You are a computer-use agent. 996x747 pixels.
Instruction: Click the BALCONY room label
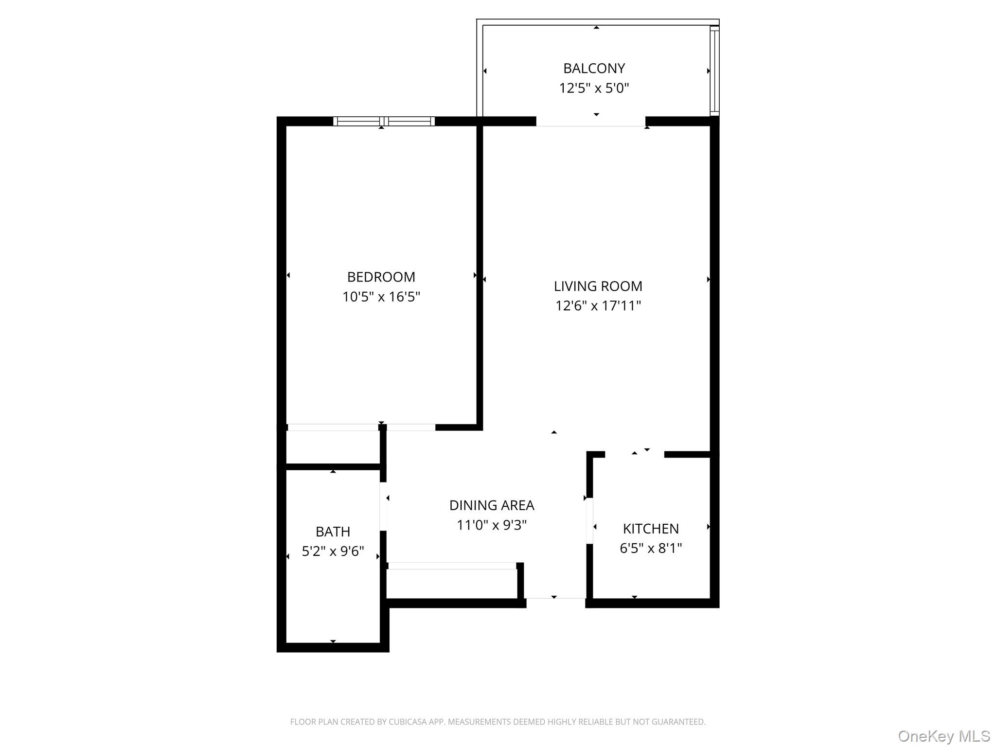pos(594,68)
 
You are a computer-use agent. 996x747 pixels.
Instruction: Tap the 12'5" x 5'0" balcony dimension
pos(594,88)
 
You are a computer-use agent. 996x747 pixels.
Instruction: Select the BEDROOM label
pos(381,277)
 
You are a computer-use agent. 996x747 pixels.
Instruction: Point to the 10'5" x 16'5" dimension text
pos(381,297)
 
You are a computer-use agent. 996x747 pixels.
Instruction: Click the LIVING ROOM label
pos(598,286)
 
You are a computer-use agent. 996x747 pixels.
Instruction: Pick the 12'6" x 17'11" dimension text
pos(598,305)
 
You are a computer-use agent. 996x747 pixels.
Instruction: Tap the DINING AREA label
pos(491,505)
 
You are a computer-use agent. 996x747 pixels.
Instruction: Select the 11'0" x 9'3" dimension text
pos(491,525)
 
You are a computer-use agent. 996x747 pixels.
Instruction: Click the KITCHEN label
pos(651,529)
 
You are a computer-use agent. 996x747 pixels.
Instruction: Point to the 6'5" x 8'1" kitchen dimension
pos(651,548)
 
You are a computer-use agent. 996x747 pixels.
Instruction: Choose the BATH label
pos(333,532)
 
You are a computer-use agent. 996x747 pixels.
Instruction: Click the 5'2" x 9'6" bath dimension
pos(333,551)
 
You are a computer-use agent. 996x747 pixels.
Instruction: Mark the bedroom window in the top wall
pos(384,121)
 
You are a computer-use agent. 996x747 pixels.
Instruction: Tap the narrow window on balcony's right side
pos(714,71)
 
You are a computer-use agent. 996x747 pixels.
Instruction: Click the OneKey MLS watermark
pos(943,736)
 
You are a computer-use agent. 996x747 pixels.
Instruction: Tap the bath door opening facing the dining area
pos(383,506)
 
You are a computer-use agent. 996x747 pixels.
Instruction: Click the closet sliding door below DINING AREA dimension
pos(452,566)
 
